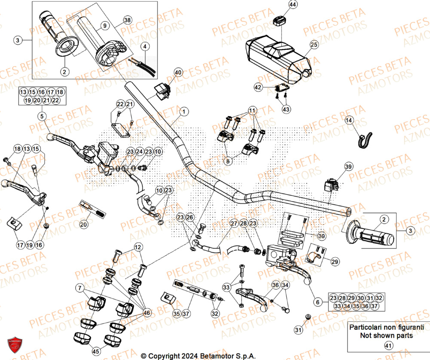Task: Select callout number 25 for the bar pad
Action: (313, 44)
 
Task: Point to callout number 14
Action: (348, 120)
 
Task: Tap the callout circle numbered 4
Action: (145, 46)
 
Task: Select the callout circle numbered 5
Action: (41, 116)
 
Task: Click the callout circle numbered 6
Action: (318, 303)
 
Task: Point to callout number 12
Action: (138, 247)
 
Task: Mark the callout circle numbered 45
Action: (96, 351)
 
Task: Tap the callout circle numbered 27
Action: (233, 224)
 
